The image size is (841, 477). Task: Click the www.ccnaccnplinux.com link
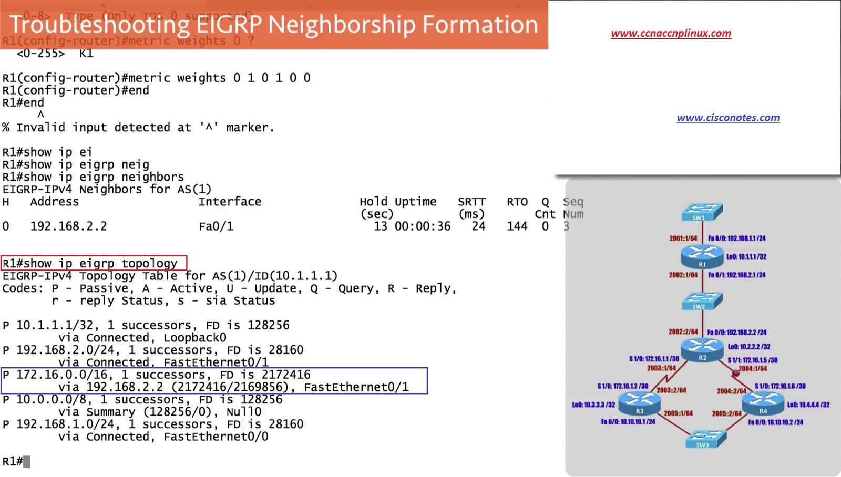click(671, 33)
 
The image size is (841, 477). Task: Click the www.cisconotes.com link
click(728, 118)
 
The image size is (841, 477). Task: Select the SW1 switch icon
click(702, 212)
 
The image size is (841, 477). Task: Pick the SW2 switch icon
click(702, 301)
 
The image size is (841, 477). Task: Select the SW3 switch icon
click(706, 439)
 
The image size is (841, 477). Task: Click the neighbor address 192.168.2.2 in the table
click(68, 226)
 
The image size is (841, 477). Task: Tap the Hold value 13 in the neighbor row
click(380, 226)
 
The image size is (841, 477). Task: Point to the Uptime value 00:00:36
click(423, 226)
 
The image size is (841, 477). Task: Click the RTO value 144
click(517, 226)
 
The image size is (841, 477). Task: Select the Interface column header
click(230, 202)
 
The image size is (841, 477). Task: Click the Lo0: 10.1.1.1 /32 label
click(746, 257)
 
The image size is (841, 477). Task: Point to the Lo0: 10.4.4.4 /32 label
click(808, 405)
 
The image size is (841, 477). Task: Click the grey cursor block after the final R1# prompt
click(27, 462)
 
